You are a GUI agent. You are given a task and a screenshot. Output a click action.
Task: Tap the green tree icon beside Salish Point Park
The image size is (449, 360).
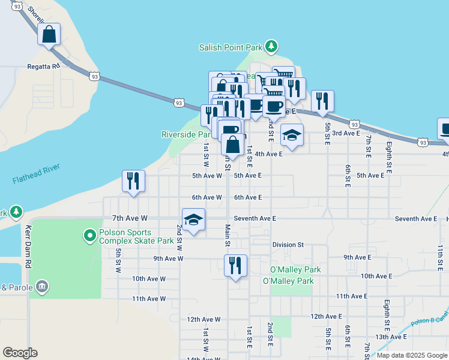click(271, 46)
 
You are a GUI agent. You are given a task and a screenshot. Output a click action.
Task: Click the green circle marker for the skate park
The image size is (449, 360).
click(90, 236)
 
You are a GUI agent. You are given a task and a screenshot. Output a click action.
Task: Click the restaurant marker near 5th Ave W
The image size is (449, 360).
click(133, 181)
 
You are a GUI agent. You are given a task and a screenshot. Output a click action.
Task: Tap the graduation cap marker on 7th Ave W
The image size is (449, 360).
click(193, 220)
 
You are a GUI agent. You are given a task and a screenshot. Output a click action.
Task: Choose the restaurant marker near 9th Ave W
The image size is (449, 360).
click(235, 265)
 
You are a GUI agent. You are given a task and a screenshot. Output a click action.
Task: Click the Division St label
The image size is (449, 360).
click(288, 245)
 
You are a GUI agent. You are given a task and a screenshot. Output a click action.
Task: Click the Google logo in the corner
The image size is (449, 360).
click(20, 353)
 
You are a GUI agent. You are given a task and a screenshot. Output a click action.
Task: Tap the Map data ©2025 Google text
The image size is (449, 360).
click(411, 355)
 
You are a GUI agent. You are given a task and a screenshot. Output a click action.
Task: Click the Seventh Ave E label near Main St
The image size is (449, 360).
click(255, 219)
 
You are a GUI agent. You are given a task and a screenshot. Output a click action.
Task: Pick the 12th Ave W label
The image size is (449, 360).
click(203, 320)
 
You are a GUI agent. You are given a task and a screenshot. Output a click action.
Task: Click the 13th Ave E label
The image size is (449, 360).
click(391, 337)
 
